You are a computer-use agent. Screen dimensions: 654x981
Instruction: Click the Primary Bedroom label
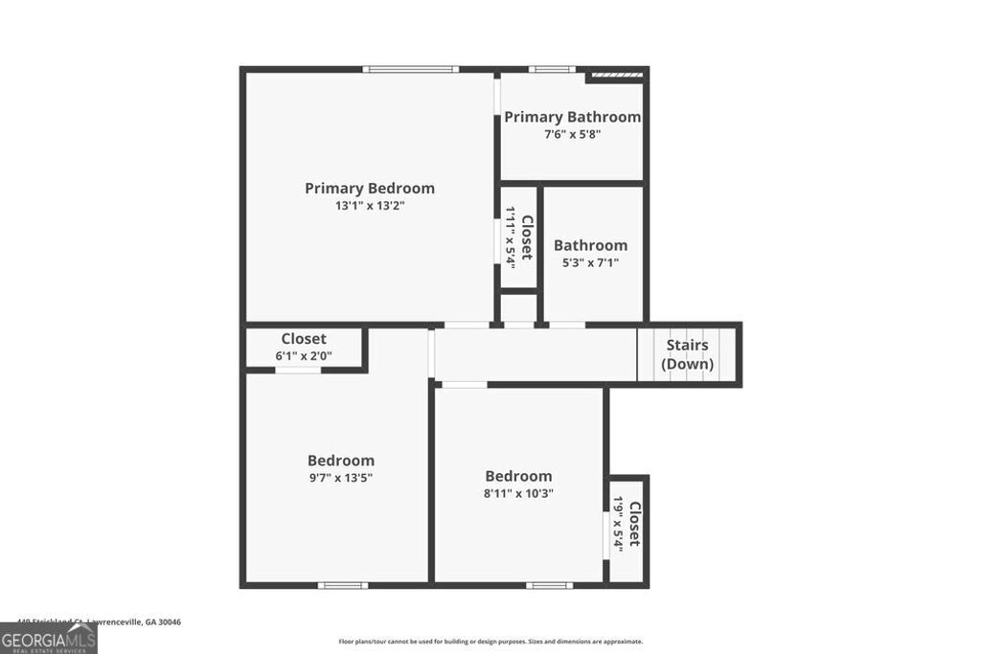tap(369, 189)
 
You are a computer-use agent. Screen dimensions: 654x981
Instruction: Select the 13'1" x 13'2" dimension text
tap(369, 206)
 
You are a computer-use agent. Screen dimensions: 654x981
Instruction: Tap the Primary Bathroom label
tap(572, 117)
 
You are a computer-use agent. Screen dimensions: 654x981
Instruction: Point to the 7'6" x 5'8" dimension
tap(572, 135)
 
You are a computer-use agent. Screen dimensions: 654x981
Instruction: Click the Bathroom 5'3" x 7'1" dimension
tap(590, 262)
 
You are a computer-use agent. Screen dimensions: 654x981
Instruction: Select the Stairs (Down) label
tap(688, 354)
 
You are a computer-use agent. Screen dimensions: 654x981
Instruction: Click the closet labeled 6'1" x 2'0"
tap(303, 348)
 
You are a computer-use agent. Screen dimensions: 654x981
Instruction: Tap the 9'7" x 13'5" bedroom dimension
tap(340, 477)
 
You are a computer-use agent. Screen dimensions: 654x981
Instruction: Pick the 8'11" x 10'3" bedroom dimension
tap(518, 493)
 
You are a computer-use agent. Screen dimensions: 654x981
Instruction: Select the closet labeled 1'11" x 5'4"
tap(518, 235)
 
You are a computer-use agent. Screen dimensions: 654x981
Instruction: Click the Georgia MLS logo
tap(48, 638)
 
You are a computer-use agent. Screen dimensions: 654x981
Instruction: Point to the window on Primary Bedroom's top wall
tap(410, 69)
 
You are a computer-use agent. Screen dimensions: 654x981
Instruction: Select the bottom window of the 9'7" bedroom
tap(342, 585)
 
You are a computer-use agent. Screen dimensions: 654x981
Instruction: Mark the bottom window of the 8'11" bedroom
tap(549, 585)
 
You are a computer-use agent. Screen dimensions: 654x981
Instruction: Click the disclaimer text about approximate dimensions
tap(490, 642)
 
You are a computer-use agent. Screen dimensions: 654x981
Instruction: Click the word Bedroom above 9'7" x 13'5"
tap(340, 461)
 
